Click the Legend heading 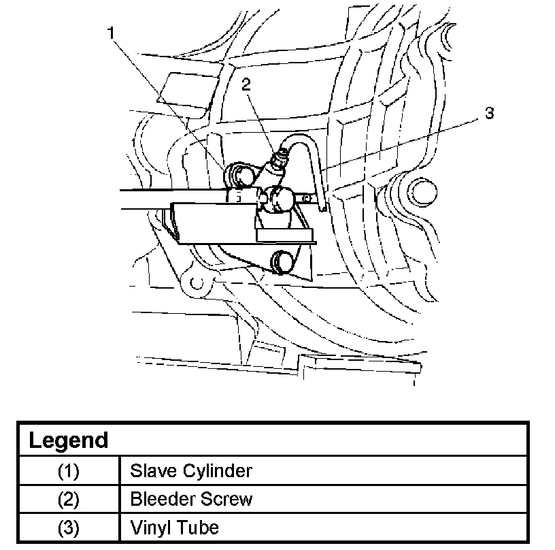(x=68, y=440)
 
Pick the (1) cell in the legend (x=68, y=470)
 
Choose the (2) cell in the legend (x=68, y=499)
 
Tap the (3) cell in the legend (x=68, y=528)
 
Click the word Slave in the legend (x=150, y=470)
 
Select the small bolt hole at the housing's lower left (x=196, y=281)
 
